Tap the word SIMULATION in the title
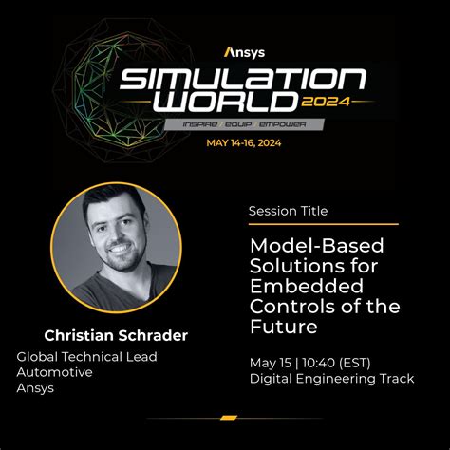[242, 81]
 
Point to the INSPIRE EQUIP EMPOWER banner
[242, 124]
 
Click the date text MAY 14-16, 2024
[242, 144]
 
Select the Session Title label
[288, 211]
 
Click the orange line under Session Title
[323, 225]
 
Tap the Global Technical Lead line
[86, 356]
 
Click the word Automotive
[55, 372]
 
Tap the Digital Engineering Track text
[330, 380]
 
